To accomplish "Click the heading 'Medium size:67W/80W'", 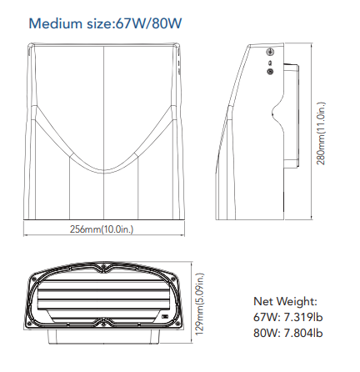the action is pyautogui.click(x=105, y=23).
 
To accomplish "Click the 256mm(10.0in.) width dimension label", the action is pyautogui.click(x=102, y=229).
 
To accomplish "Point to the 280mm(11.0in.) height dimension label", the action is pyautogui.click(x=321, y=133).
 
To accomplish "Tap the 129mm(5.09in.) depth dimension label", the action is pyautogui.click(x=200, y=304).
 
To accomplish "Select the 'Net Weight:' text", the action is pyautogui.click(x=285, y=301).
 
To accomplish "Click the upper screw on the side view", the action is pyautogui.click(x=270, y=52).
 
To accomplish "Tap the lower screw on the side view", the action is pyautogui.click(x=270, y=72).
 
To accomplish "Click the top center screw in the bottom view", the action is pyautogui.click(x=103, y=267).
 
